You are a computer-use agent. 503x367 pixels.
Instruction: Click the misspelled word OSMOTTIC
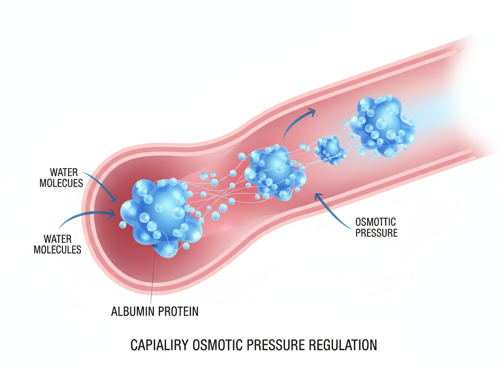(x=375, y=222)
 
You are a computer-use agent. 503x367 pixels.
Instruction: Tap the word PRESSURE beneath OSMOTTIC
(x=376, y=233)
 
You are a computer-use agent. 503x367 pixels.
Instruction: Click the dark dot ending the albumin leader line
(x=154, y=246)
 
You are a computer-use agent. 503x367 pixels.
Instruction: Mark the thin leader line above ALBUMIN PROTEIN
(x=153, y=276)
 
